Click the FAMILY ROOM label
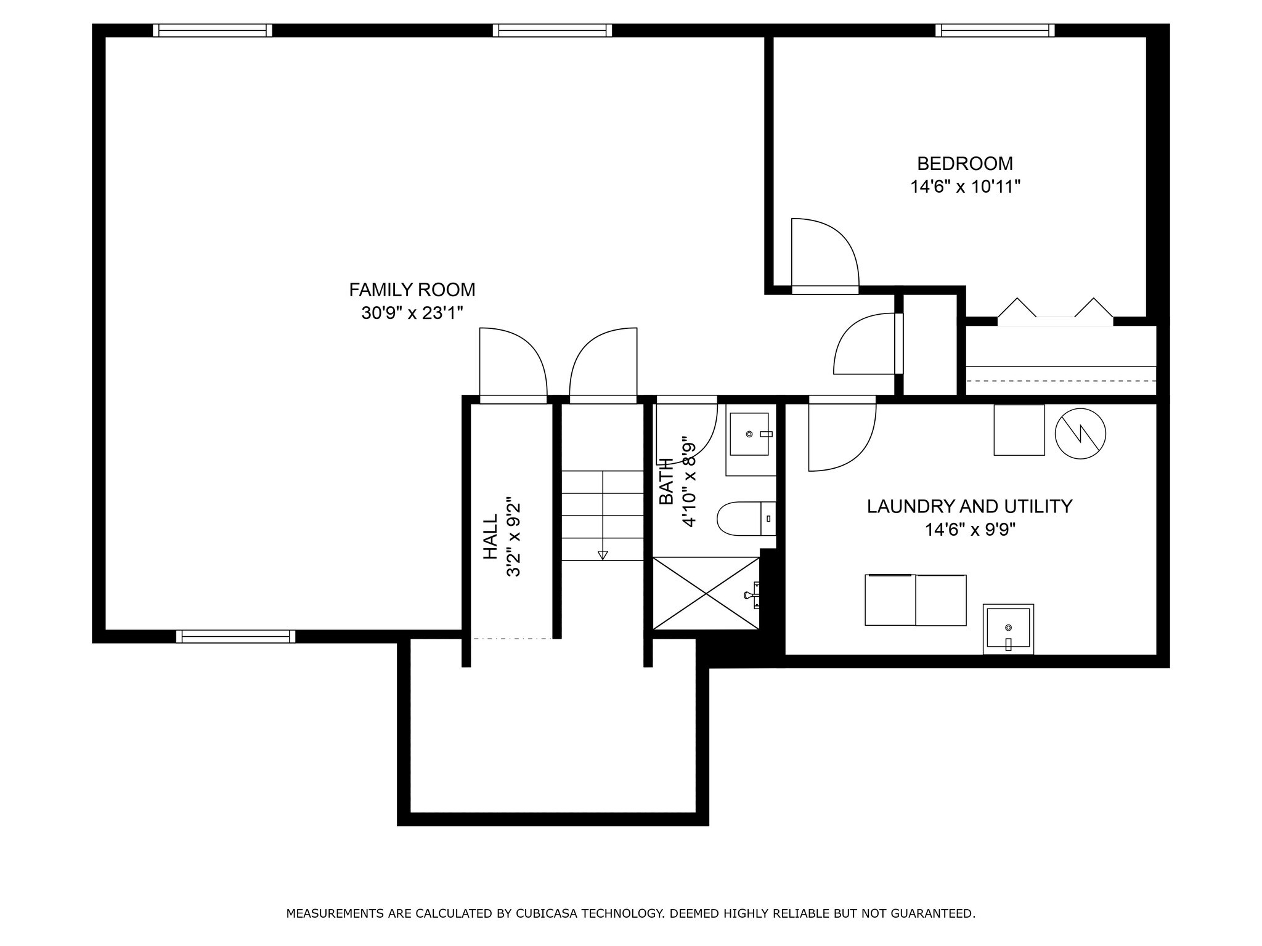click(x=412, y=289)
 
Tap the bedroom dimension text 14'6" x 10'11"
click(x=965, y=187)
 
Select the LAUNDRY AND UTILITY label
click(x=969, y=506)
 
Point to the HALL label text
click(x=491, y=536)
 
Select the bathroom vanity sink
click(x=750, y=434)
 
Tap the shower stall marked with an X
click(x=706, y=593)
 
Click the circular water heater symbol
click(x=1080, y=434)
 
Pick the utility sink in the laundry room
click(x=1008, y=628)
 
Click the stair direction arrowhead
click(x=603, y=555)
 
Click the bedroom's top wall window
click(x=995, y=30)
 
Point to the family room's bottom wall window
click(x=235, y=636)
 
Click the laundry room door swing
click(x=841, y=436)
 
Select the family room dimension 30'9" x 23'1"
click(x=412, y=313)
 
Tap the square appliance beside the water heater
click(x=1019, y=430)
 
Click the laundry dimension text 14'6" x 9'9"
click(x=969, y=530)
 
